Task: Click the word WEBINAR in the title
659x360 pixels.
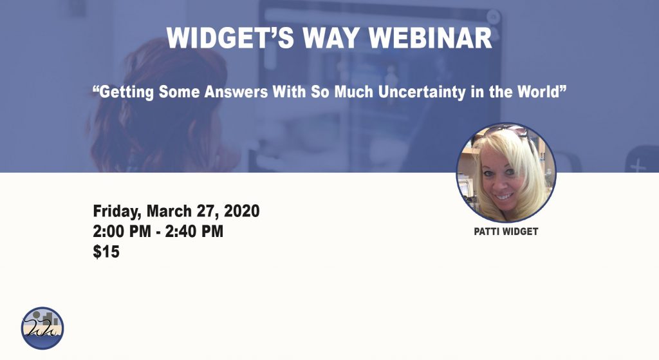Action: (x=431, y=38)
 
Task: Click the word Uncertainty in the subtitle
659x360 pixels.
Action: (x=422, y=91)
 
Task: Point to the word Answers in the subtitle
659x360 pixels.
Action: (x=236, y=91)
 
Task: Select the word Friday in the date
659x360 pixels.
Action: (x=117, y=211)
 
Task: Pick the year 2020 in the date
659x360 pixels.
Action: (x=241, y=211)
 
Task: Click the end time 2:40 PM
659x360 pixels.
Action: (x=194, y=231)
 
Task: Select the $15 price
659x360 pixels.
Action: (x=106, y=252)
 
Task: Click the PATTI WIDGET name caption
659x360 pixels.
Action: (x=506, y=232)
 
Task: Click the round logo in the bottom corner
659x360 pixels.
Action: (x=42, y=328)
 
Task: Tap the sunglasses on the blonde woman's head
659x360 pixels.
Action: (x=506, y=132)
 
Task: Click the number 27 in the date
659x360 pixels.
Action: (x=207, y=211)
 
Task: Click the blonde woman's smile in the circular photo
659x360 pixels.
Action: (x=504, y=196)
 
